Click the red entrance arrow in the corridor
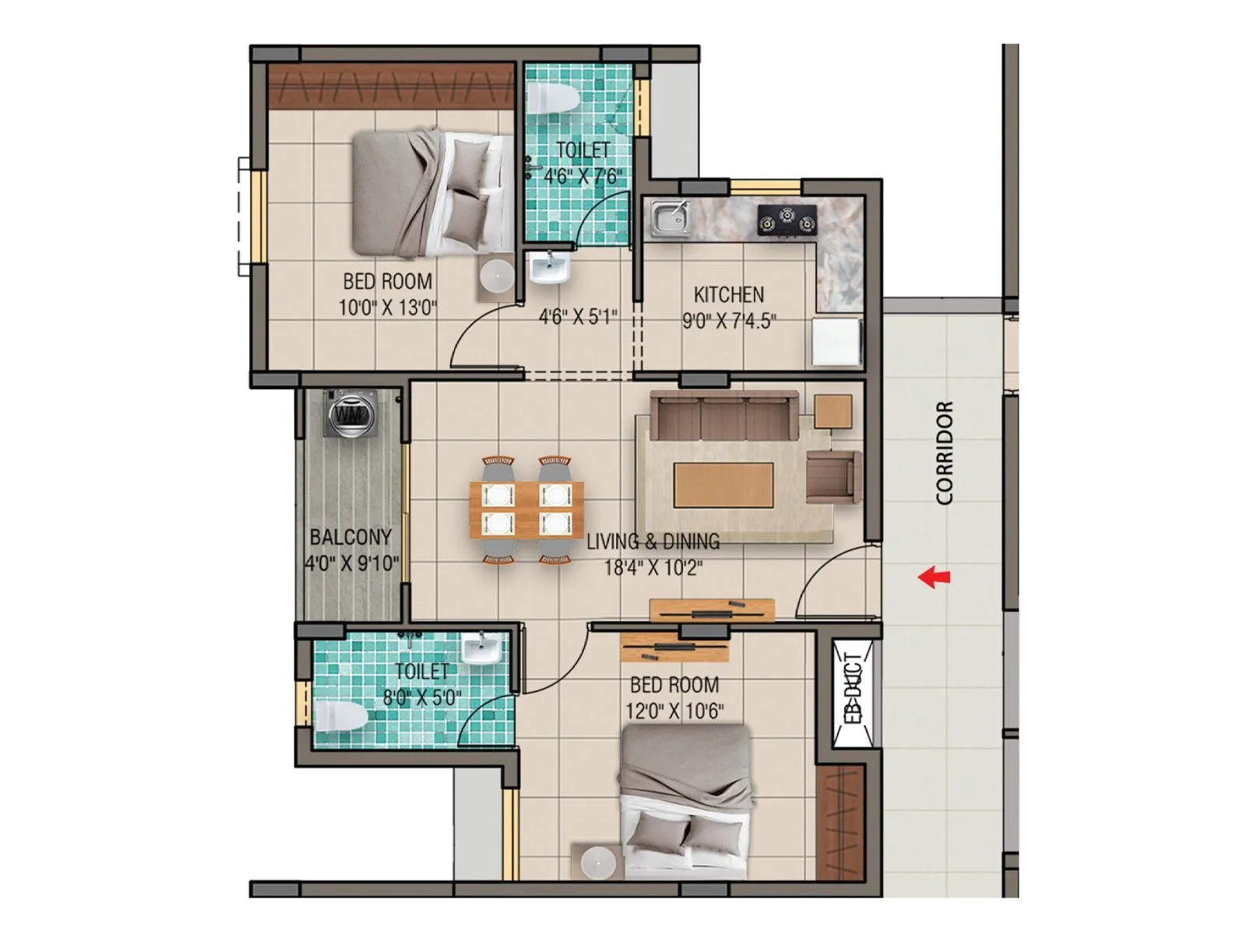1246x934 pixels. pyautogui.click(x=934, y=577)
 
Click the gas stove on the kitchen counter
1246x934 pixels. pyautogui.click(x=787, y=219)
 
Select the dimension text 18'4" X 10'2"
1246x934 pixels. pyautogui.click(x=653, y=567)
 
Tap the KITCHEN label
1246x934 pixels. pyautogui.click(x=729, y=295)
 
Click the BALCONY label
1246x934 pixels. pyautogui.click(x=350, y=537)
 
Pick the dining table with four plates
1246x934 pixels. pyautogui.click(x=526, y=508)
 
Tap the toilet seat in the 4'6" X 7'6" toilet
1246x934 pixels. pyautogui.click(x=552, y=99)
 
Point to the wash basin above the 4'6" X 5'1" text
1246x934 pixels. pyautogui.click(x=550, y=269)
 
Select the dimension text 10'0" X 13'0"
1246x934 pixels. pyautogui.click(x=387, y=307)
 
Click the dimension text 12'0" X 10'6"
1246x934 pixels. pyautogui.click(x=674, y=711)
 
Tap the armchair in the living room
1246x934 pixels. pyautogui.click(x=834, y=476)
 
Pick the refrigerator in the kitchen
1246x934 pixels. pyautogui.click(x=837, y=340)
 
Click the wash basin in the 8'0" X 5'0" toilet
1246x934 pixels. pyautogui.click(x=481, y=648)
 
